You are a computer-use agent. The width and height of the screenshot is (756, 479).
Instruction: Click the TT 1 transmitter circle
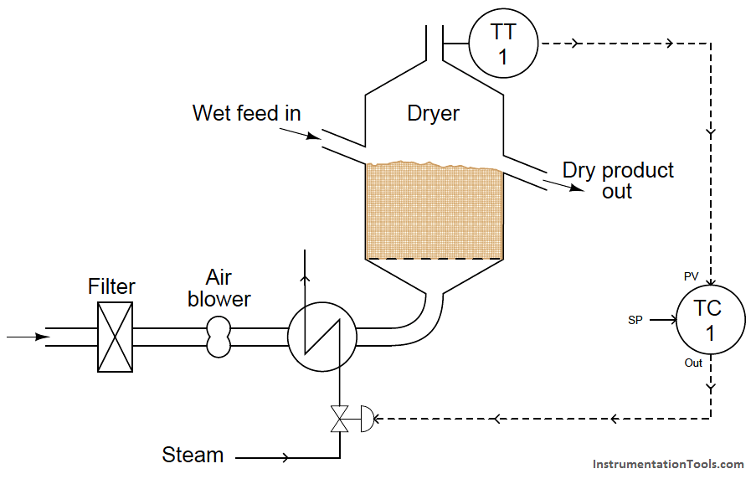coord(503,43)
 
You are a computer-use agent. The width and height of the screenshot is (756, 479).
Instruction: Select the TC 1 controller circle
coord(711,320)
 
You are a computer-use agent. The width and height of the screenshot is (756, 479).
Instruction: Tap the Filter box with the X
coord(116,337)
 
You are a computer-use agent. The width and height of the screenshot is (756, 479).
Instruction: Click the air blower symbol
coord(219,337)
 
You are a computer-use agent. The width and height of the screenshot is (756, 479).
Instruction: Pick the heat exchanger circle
coord(322,337)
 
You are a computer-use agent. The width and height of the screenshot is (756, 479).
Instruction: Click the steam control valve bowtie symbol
coord(339,419)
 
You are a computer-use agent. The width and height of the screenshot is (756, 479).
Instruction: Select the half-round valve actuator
coord(368,419)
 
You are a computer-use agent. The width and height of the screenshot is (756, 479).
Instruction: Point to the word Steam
coord(193,455)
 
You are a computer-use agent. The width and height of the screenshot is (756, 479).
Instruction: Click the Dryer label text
coord(433,114)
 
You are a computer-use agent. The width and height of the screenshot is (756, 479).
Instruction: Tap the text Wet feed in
coord(246,113)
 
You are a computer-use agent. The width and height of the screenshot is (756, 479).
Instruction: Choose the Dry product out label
coord(618,180)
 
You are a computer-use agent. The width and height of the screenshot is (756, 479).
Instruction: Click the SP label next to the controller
coord(635,320)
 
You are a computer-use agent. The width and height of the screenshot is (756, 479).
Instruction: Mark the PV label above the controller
coord(691,276)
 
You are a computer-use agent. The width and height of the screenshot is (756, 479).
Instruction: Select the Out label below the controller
coord(693,363)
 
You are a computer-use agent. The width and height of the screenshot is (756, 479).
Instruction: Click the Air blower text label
coord(219,288)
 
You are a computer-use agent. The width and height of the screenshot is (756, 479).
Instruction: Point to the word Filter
coord(111,286)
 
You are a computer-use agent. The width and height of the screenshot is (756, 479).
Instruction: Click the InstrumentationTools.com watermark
coord(668,464)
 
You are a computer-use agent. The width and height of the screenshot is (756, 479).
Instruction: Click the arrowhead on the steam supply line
coord(285,457)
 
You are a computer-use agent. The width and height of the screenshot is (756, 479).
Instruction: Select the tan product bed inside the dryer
coord(435,211)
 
